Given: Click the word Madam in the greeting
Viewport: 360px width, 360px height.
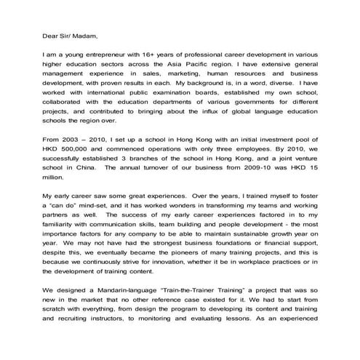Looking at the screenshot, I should (x=79, y=33).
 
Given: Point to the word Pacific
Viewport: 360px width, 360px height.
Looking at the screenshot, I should (x=222, y=64).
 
